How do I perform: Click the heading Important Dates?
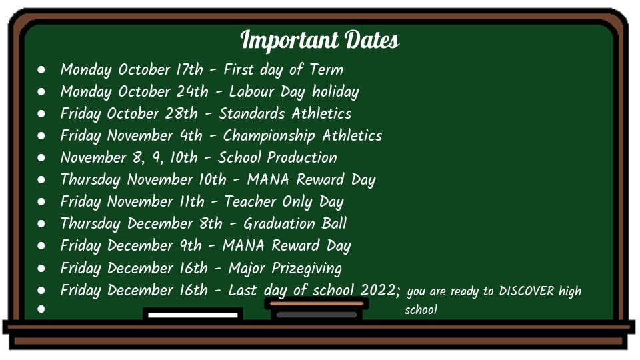[319, 40]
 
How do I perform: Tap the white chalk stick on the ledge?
[193, 315]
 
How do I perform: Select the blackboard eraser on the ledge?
[316, 309]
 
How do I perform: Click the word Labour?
[252, 91]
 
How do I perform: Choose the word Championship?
[269, 136]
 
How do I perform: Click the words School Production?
[277, 157]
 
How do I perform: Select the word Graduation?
[279, 223]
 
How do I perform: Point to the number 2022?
[378, 290]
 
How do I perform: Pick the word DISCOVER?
[527, 291]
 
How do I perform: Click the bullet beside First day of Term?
[41, 70]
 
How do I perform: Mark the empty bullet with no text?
[41, 309]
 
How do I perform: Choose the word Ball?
[334, 223]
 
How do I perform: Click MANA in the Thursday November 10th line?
[268, 179]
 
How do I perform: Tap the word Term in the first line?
[326, 69]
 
